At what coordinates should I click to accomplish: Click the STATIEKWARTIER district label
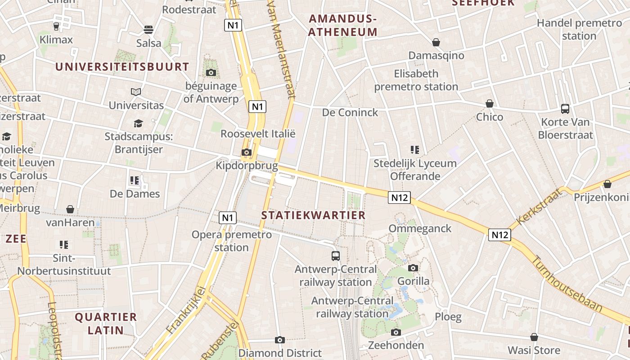click(314, 215)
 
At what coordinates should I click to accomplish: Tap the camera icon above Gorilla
click(413, 268)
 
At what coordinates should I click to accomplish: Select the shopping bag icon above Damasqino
click(436, 42)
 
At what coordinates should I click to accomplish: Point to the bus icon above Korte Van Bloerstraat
click(565, 108)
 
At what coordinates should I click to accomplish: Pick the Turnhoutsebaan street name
click(567, 284)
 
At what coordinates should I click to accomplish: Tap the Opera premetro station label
click(232, 241)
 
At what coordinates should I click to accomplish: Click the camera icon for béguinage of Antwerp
click(211, 72)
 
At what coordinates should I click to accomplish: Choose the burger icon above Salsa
click(148, 30)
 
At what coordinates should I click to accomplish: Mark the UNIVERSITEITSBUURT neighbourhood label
click(122, 67)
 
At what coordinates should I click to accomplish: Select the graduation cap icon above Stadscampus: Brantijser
click(138, 123)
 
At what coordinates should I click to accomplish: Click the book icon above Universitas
click(136, 92)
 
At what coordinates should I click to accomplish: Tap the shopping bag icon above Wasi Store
click(534, 337)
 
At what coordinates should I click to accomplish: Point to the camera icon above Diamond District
click(280, 340)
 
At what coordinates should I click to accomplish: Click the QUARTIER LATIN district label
click(106, 324)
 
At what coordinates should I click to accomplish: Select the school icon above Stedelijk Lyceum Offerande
click(414, 150)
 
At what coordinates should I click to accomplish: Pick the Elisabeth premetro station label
click(416, 80)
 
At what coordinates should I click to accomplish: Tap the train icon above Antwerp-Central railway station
click(336, 256)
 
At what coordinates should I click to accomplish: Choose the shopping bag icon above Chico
click(490, 103)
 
